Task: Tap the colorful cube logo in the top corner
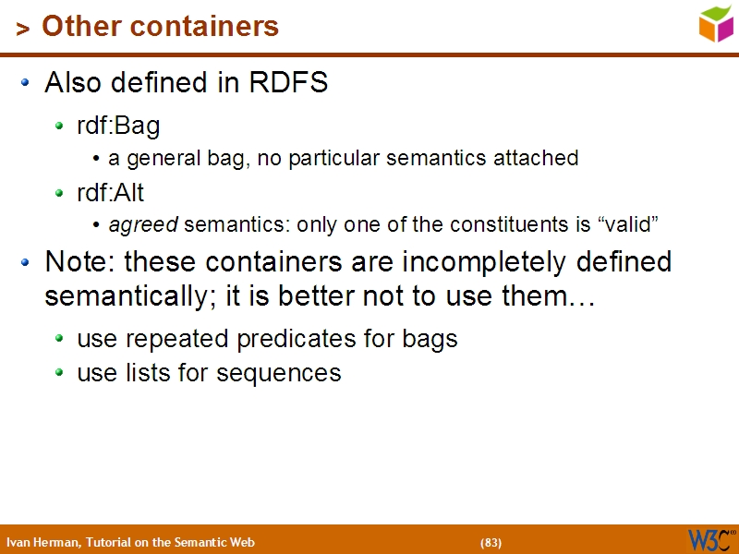[x=716, y=23]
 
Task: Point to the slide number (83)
[x=491, y=542]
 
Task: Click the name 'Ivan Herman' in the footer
[x=42, y=542]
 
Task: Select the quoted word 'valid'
[x=630, y=224]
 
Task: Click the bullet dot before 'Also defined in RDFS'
[x=27, y=84]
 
